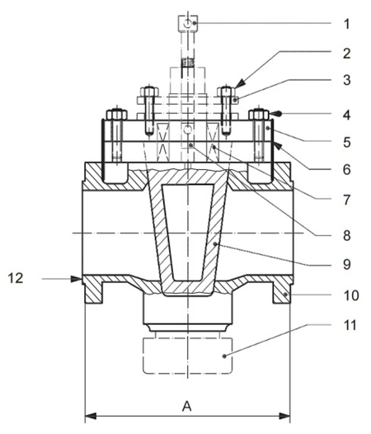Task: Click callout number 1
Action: [x=346, y=24]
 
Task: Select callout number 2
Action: [x=346, y=53]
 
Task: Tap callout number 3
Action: [x=346, y=80]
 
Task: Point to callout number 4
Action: [x=346, y=115]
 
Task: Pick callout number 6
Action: [x=346, y=169]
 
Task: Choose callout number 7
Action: [x=346, y=200]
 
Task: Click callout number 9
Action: [x=346, y=264]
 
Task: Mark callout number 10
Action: [x=351, y=295]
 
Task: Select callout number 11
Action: [x=350, y=324]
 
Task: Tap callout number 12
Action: [x=16, y=278]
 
